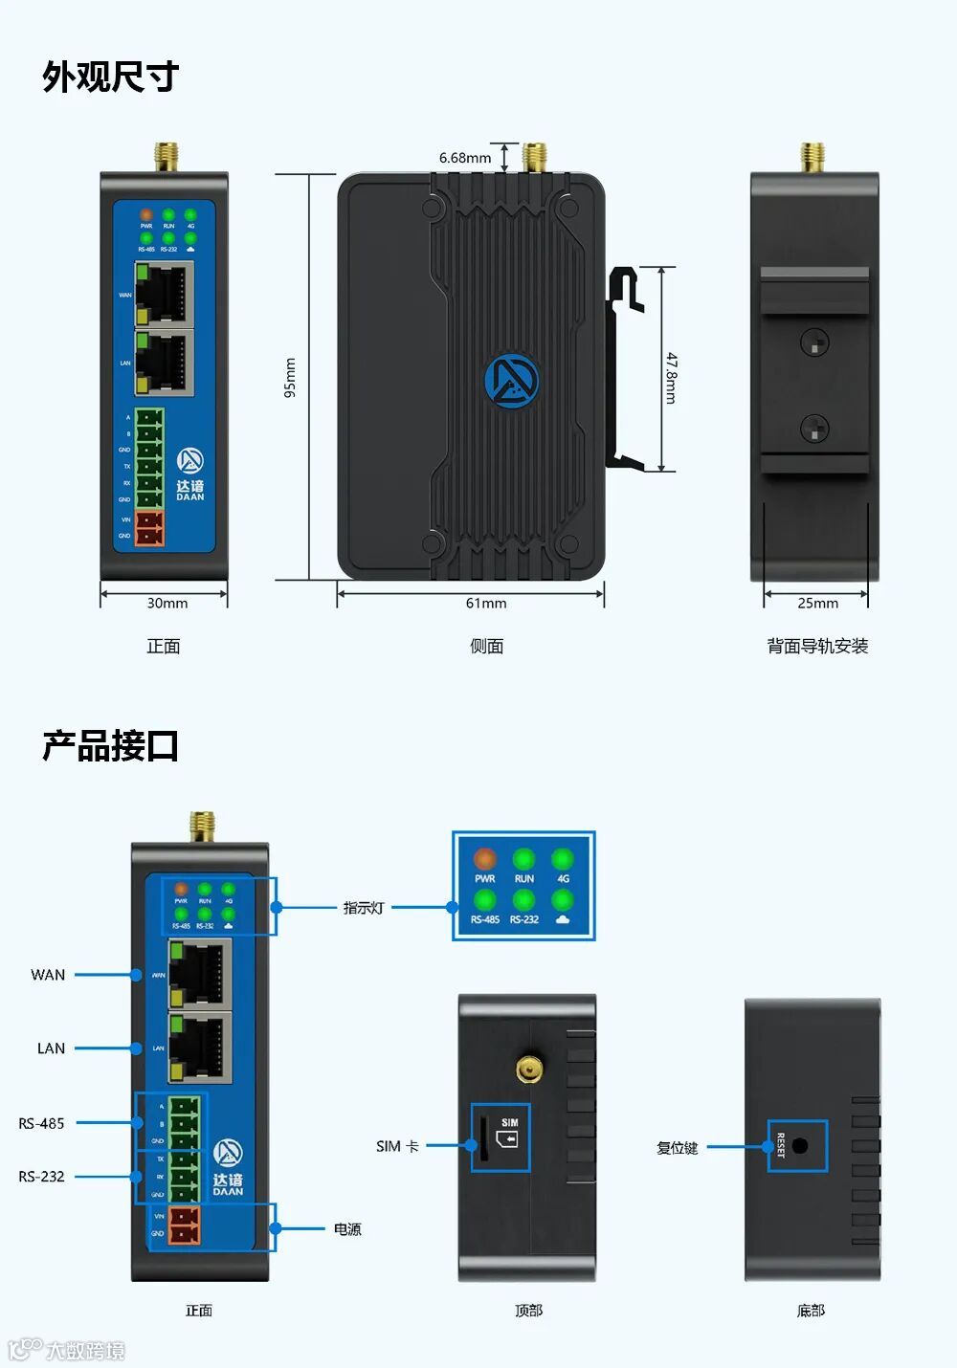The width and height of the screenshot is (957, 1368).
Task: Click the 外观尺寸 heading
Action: [x=110, y=77]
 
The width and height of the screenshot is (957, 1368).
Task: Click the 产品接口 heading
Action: [x=110, y=746]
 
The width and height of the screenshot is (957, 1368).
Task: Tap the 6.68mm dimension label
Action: [x=464, y=158]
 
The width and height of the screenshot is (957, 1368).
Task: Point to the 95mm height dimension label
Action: [x=291, y=378]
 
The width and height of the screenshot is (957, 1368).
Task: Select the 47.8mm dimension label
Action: [x=671, y=378]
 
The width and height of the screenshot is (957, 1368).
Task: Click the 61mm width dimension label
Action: [x=486, y=604]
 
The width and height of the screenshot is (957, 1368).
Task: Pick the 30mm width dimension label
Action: [x=167, y=604]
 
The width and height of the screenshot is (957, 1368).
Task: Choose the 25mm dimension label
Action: [x=817, y=604]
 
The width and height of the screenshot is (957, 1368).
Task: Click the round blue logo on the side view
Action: [x=511, y=381]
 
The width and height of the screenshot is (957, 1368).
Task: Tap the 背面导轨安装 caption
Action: [x=817, y=647]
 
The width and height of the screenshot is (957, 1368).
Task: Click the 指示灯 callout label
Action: [x=364, y=908]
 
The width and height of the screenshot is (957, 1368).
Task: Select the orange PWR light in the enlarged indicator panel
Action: [x=485, y=858]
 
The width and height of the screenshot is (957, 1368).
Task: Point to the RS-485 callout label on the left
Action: [x=42, y=1123]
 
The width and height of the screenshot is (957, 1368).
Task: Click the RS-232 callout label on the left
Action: [x=42, y=1177]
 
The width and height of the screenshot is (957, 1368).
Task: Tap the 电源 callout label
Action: [x=347, y=1229]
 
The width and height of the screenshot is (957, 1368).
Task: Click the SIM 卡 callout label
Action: [x=397, y=1146]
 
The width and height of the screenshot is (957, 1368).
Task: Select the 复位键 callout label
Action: [x=678, y=1148]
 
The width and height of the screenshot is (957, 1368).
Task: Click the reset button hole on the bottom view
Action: [x=800, y=1146]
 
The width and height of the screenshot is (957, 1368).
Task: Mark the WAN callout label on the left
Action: [x=48, y=975]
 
